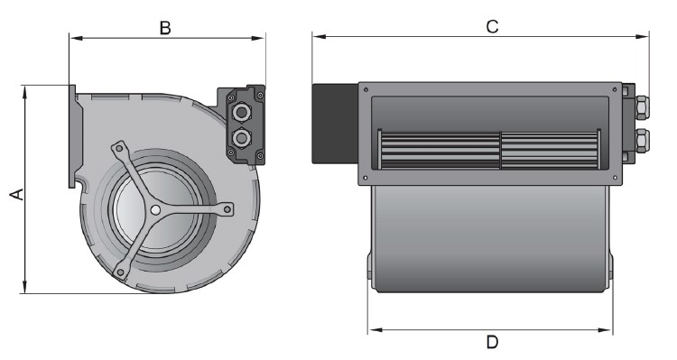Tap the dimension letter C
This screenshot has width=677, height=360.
coord(492,26)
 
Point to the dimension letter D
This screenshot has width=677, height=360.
coord(492,343)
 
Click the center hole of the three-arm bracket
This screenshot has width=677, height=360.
coord(156,210)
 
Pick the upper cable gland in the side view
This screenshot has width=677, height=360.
coord(243,113)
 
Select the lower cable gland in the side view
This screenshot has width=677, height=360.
coord(243,138)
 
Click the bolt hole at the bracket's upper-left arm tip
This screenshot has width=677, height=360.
coord(117,147)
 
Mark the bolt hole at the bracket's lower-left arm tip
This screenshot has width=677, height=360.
coord(119,272)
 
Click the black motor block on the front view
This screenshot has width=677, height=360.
coord(335,123)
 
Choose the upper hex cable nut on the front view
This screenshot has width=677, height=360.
coord(639,106)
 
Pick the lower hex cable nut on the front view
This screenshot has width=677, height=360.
coord(639,140)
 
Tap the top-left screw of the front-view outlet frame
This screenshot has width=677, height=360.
coord(366,89)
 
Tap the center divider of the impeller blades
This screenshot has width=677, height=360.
coord(500,149)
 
